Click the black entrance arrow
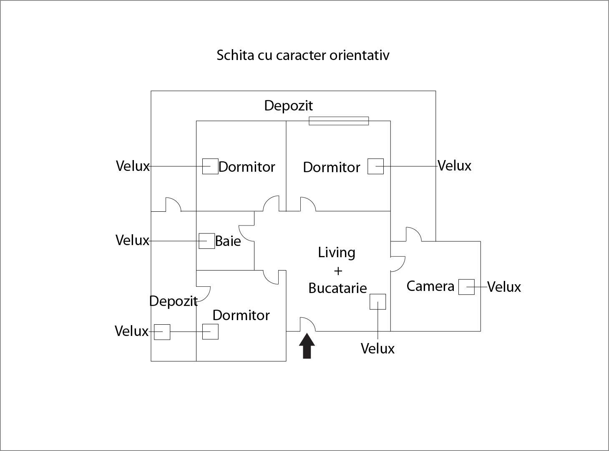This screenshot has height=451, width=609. [307, 346]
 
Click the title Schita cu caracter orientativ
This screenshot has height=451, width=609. [303, 55]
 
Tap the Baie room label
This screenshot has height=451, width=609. [228, 241]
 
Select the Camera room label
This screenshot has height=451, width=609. [430, 286]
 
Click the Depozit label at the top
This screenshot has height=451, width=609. [288, 105]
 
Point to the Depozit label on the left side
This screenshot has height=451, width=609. [173, 301]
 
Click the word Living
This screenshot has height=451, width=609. [337, 253]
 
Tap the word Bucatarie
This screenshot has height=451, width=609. [337, 288]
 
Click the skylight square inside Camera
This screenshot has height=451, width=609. [466, 287]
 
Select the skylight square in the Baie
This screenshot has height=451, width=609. [206, 241]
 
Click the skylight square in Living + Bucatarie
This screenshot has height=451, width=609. [377, 301]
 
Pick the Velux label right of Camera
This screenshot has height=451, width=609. [504, 287]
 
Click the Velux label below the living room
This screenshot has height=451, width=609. [377, 348]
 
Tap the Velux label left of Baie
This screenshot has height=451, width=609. [132, 240]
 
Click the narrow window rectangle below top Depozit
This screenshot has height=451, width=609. [339, 121]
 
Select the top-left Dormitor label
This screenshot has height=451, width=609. [247, 167]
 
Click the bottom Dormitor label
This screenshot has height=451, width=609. [241, 315]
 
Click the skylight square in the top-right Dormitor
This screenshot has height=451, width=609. [375, 166]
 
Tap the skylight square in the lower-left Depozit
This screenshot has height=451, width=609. [162, 332]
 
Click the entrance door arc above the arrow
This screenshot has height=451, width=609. [308, 324]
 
